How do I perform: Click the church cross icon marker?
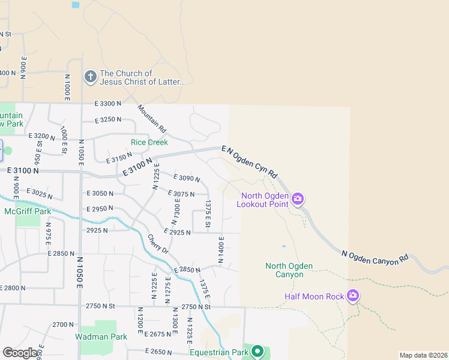coord(90,76)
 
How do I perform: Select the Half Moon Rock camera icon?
coord(352,295)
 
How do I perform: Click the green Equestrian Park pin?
coord(258,351)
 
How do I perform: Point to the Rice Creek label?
coord(149,142)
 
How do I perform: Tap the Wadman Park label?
coord(101,337)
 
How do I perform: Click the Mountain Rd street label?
coord(151,118)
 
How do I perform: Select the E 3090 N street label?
coord(186,178)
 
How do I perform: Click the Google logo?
coord(20,353)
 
